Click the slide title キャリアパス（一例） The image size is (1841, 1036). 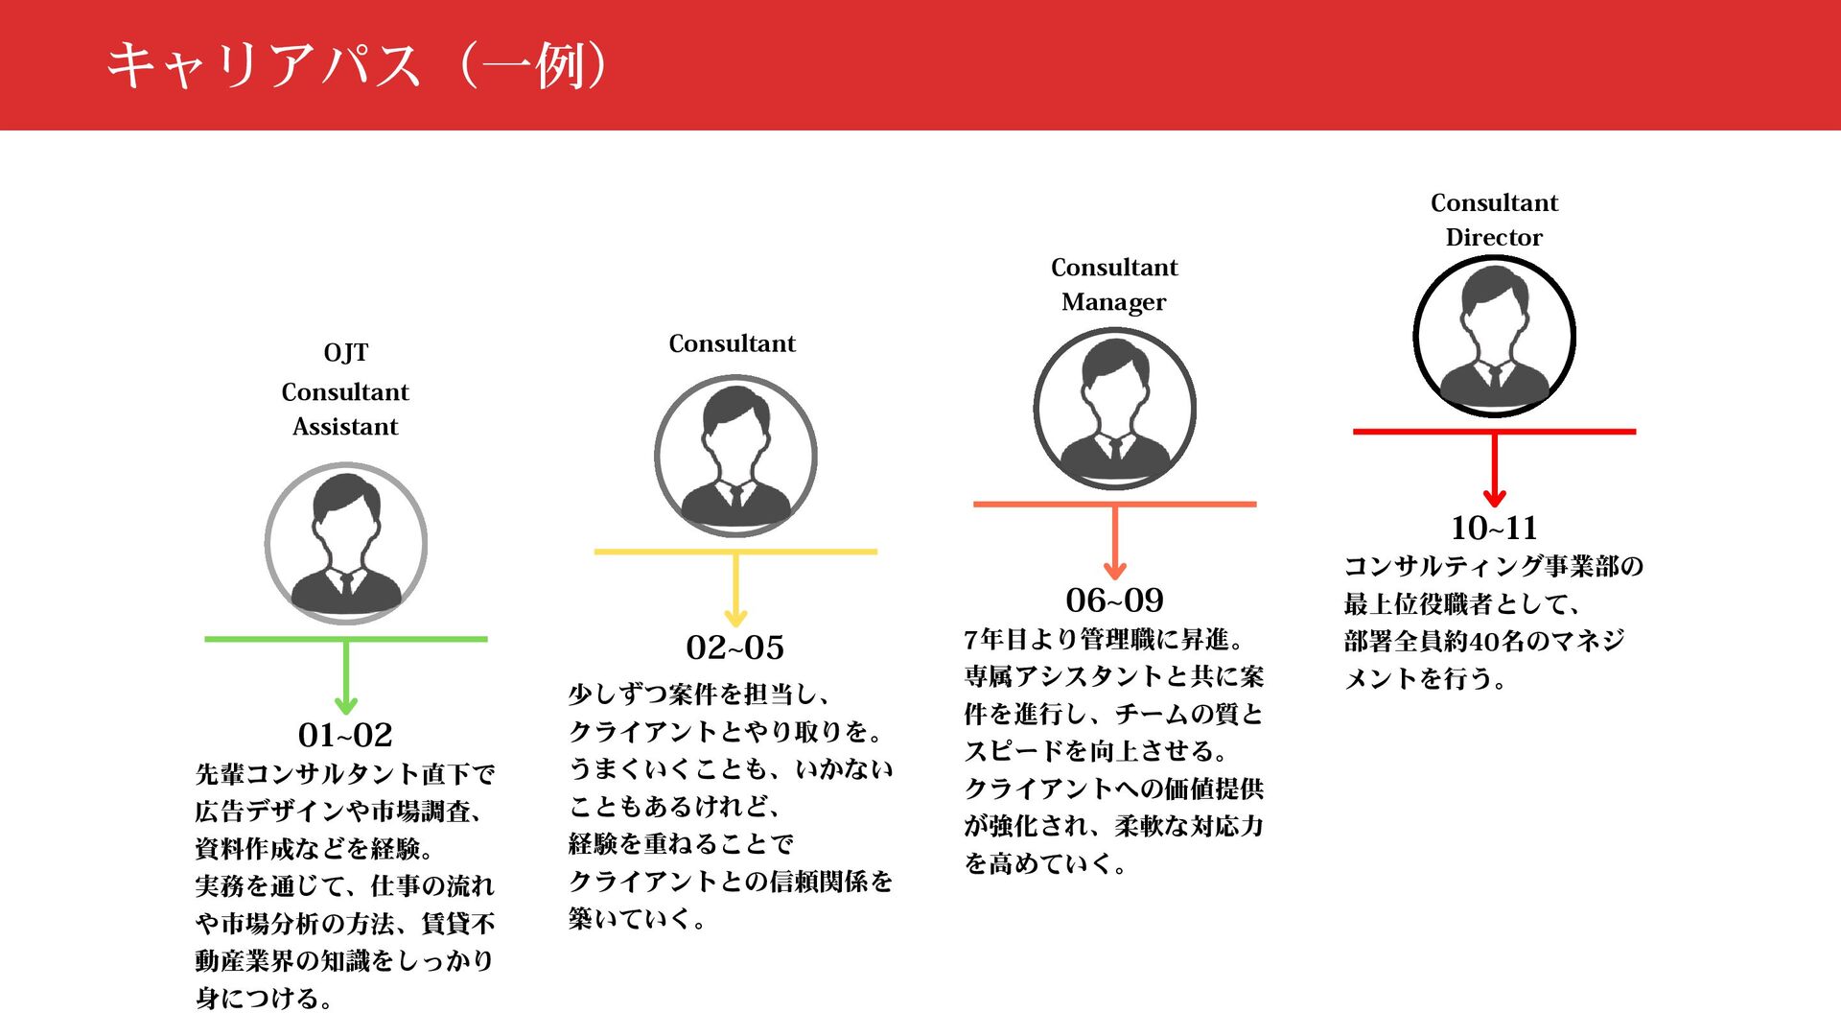tap(357, 65)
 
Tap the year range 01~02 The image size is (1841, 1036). tap(345, 735)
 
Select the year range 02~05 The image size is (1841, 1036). tap(734, 647)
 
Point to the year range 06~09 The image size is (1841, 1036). tap(1114, 600)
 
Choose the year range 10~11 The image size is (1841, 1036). tap(1494, 528)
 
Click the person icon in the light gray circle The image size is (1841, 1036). tap(345, 544)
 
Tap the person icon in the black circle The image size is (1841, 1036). tap(1494, 336)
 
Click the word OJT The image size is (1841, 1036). tap(345, 353)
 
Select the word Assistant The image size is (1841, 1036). tap(345, 427)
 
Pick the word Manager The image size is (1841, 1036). tap(1114, 302)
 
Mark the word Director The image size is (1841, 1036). tap(1494, 238)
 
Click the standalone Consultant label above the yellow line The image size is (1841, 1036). tap(732, 343)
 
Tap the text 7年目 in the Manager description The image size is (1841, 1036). tap(994, 640)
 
